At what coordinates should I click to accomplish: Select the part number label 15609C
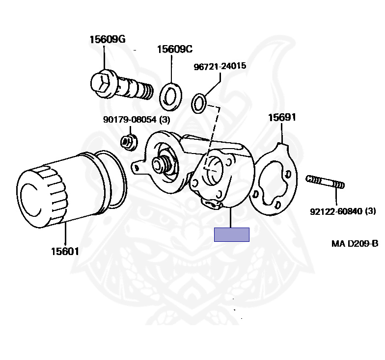click(174, 49)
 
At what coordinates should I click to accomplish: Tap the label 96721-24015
click(220, 66)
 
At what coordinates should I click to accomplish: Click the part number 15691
click(282, 118)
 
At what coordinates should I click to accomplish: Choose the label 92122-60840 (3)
click(342, 211)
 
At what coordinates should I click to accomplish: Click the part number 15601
click(65, 252)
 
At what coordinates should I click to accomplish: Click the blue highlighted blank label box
click(232, 235)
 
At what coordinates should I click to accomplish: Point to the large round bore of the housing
click(215, 170)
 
